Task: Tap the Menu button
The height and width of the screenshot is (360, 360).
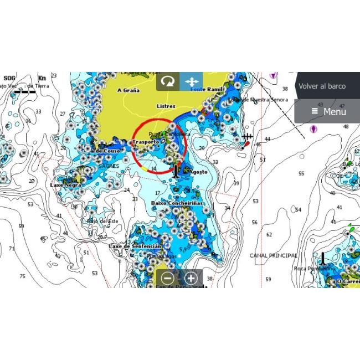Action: pos(328,111)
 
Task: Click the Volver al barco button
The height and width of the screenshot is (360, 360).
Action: pos(322,86)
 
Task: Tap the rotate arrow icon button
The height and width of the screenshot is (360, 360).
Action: pos(168,81)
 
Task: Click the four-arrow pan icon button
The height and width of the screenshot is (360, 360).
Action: pos(191,81)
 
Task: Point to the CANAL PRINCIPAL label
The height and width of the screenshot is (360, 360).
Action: pos(273,256)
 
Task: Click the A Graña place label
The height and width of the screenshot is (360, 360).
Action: pos(128,90)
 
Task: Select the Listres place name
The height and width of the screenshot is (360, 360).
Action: pos(166,106)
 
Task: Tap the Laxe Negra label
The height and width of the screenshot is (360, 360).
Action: pos(65,185)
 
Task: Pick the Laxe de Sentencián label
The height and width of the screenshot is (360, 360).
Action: pos(135,246)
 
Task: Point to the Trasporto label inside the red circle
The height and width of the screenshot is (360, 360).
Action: pos(146,142)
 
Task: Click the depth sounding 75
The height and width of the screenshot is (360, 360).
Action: pos(23,276)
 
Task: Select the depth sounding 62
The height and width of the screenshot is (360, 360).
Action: pos(269,235)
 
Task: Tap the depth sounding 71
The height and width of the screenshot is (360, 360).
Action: pos(12,249)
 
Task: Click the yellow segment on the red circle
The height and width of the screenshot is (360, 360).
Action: pos(145,167)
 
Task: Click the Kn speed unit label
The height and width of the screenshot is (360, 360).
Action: pos(42,78)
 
